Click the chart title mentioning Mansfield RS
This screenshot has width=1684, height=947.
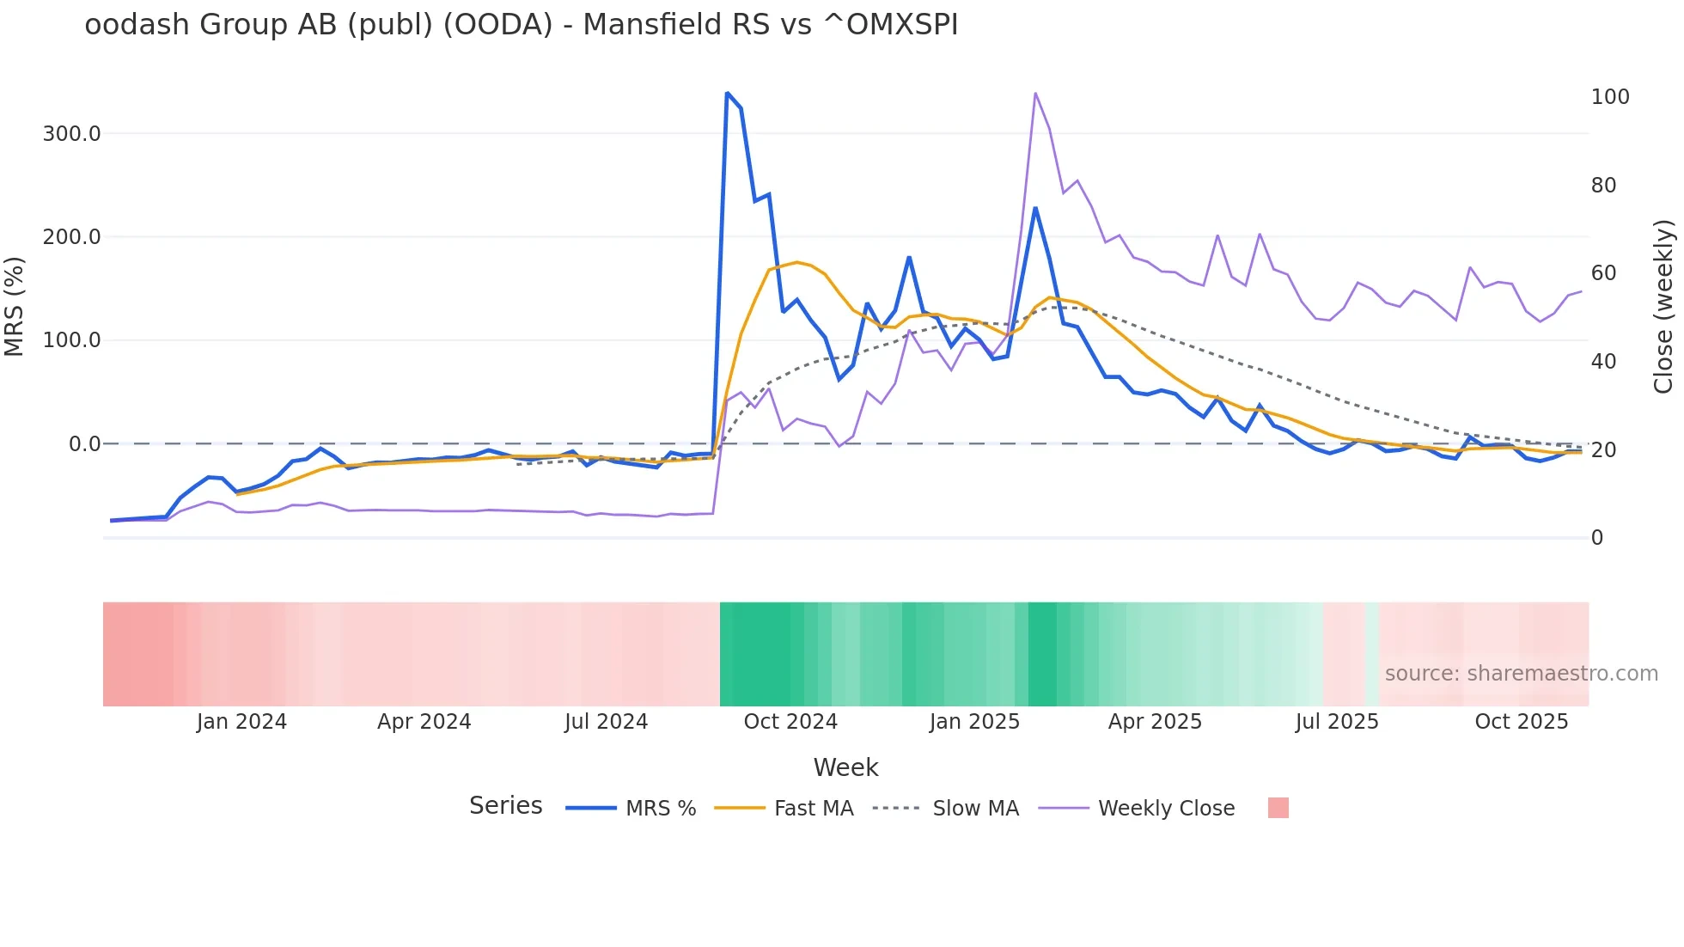pos(521,25)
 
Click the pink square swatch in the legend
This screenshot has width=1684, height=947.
pos(1278,808)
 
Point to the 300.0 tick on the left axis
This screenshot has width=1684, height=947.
pos(71,134)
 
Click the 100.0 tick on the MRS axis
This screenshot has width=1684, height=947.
pos(71,340)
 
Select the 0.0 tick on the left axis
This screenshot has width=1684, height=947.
pos(84,444)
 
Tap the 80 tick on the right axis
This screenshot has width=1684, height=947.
pos(1603,186)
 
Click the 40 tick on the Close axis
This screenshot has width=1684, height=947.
pos(1603,362)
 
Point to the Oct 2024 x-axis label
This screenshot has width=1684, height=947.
pos(790,722)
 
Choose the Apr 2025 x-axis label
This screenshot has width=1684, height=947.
pos(1154,722)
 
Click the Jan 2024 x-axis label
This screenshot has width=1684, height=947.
pos(241,722)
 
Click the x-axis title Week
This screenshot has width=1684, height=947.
pos(845,767)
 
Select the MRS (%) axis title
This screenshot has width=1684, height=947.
pos(15,306)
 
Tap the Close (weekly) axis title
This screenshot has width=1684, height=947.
pos(1664,306)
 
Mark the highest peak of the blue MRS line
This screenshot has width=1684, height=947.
pos(727,93)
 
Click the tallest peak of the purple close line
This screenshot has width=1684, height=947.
pos(1035,93)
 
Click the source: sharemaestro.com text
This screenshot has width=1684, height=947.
pos(1521,674)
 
